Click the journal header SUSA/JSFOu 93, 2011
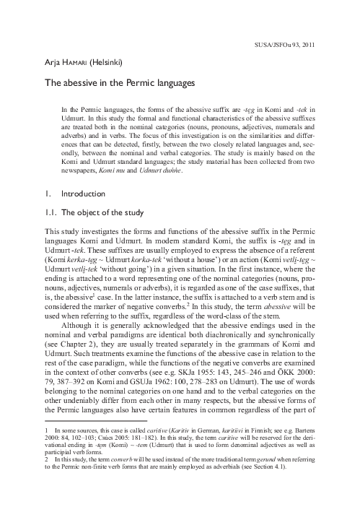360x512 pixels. point(304,44)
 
